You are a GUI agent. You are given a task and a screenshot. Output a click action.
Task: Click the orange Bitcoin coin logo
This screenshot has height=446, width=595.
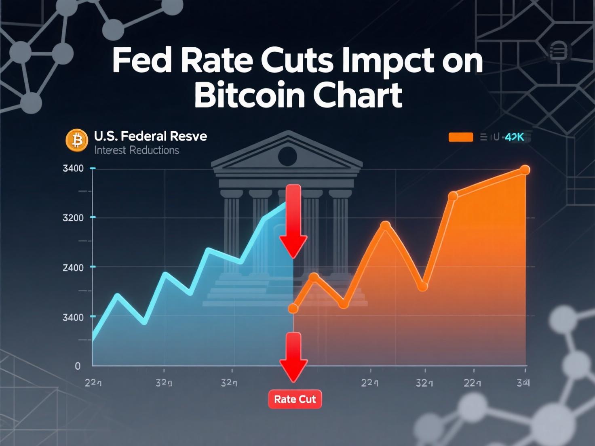(x=77, y=140)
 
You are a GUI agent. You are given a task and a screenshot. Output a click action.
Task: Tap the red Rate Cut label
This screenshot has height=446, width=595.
(x=295, y=399)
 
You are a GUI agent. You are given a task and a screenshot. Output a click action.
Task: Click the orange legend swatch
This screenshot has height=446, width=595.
(x=461, y=137)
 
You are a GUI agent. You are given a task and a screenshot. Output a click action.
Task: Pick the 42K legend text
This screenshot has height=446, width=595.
(x=515, y=137)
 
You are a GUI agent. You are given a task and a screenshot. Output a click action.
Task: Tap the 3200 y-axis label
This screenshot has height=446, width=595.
(x=73, y=218)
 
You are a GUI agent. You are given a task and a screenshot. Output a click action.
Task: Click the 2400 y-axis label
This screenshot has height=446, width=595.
(x=73, y=267)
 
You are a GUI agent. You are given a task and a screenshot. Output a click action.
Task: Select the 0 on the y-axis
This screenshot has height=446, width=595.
(x=78, y=366)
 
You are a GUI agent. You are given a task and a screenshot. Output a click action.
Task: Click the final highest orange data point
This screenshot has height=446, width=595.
(x=525, y=170)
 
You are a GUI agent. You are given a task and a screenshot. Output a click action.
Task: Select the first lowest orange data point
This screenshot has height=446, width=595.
(x=293, y=309)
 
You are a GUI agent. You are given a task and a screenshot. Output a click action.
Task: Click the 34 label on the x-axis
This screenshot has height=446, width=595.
(x=523, y=383)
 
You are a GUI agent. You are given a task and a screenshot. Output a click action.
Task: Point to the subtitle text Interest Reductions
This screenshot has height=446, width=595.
(x=137, y=150)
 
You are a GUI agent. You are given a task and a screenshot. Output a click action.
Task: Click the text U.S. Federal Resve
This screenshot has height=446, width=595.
(x=150, y=136)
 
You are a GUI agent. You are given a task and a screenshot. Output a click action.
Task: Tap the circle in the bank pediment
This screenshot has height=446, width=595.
(x=287, y=156)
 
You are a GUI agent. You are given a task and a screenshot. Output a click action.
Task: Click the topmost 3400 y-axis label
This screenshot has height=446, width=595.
(x=73, y=168)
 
